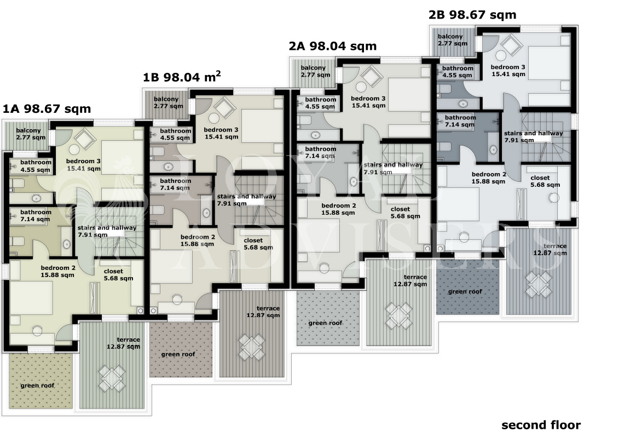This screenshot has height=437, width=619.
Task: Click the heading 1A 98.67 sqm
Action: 47,108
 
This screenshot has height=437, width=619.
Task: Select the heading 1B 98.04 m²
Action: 182,76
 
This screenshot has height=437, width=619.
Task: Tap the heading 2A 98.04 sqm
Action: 332,46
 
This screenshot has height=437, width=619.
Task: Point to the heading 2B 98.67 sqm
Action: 472,15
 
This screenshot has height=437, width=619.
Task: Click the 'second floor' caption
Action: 541,425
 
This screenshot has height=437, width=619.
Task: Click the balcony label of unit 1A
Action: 31,134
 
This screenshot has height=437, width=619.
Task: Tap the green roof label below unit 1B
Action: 178,354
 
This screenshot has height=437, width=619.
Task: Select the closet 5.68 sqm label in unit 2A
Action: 405,212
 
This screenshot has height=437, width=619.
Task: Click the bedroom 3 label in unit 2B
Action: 508,70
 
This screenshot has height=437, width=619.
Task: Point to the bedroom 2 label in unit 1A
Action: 57,272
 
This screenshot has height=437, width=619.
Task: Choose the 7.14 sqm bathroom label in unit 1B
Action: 175,185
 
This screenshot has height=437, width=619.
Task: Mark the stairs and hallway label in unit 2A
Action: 393,168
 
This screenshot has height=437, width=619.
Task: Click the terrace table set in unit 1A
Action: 111,378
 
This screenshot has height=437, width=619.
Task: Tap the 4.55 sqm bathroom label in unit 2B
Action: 457,72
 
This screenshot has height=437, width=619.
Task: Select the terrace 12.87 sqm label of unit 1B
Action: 263,312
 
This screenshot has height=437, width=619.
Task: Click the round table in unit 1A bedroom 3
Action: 74,150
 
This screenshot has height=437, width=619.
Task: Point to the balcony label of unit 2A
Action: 315,71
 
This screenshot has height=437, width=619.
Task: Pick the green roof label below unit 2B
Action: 465,291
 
